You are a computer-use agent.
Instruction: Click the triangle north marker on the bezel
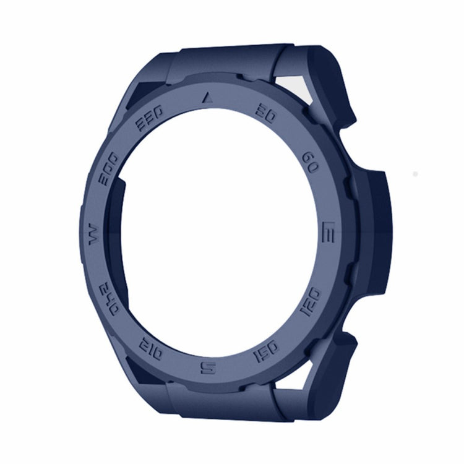pos(208,97)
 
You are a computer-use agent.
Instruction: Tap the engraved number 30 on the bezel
pos(266,114)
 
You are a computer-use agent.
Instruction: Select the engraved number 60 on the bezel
pos(310,163)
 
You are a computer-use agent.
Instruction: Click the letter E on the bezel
pos(328,231)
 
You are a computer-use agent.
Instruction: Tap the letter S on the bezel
pos(208,367)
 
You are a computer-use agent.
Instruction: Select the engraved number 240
pos(109,299)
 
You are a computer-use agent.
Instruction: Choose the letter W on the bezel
pos(95,234)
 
